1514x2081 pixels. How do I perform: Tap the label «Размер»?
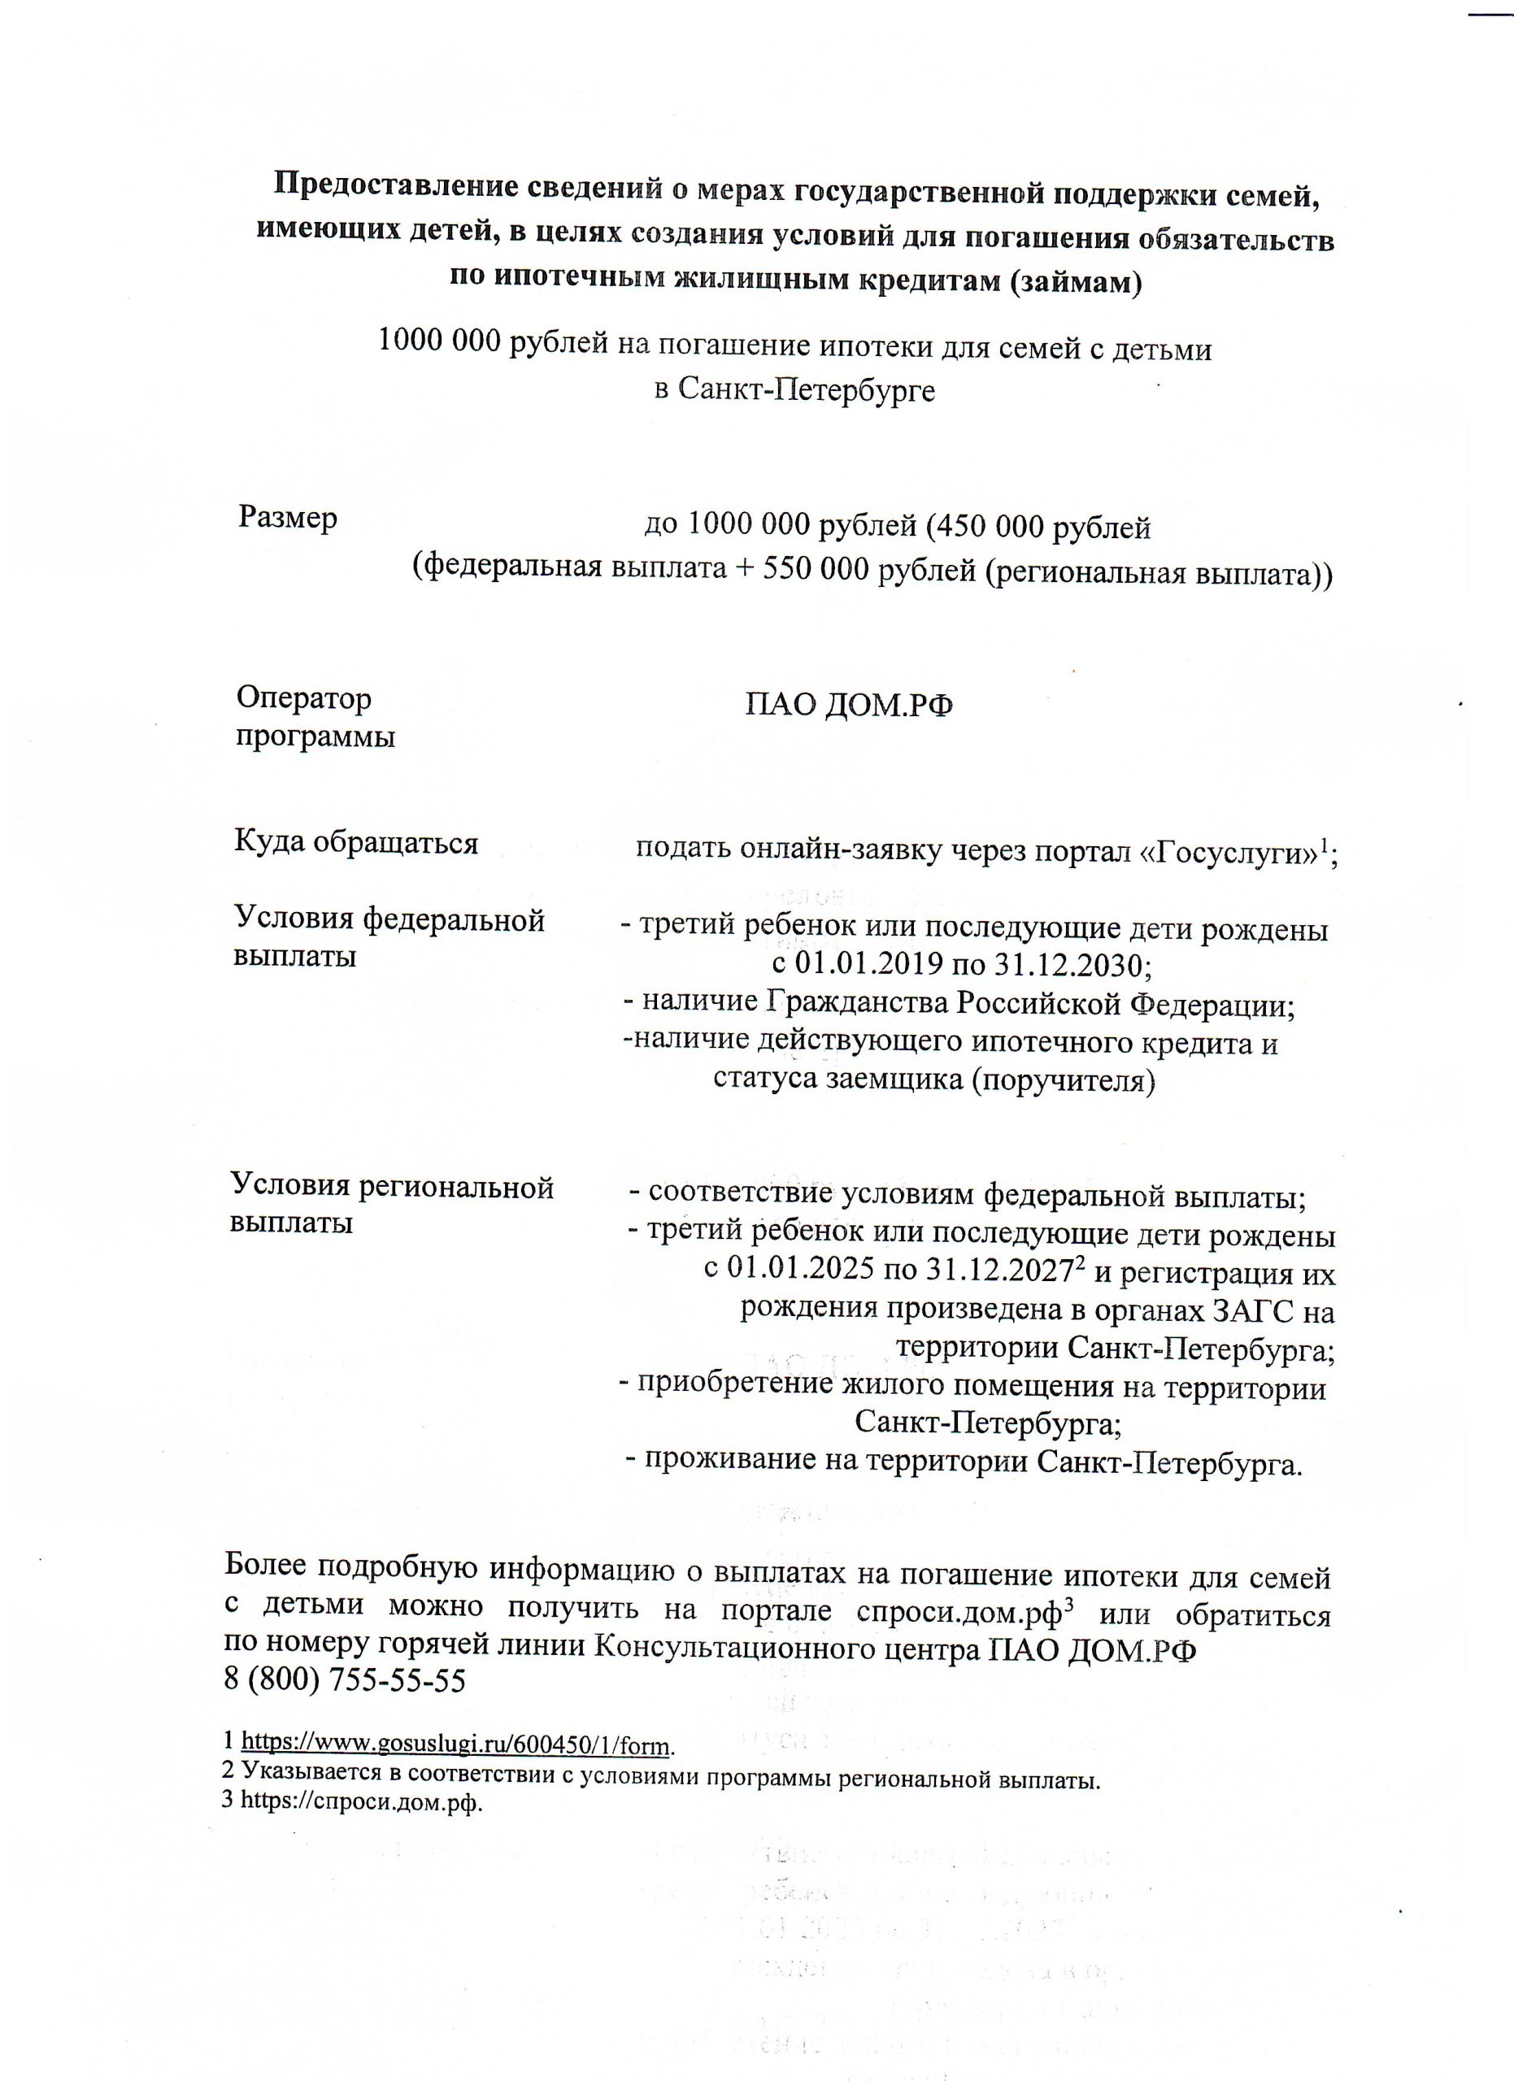[287, 519]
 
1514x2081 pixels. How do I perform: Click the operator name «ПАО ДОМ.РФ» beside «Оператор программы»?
[849, 706]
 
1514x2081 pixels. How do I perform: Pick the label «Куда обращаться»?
[356, 841]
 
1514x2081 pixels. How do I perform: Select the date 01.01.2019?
[867, 964]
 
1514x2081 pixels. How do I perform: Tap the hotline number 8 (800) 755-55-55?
[345, 1680]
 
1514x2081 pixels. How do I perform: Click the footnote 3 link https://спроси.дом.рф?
[360, 1801]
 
